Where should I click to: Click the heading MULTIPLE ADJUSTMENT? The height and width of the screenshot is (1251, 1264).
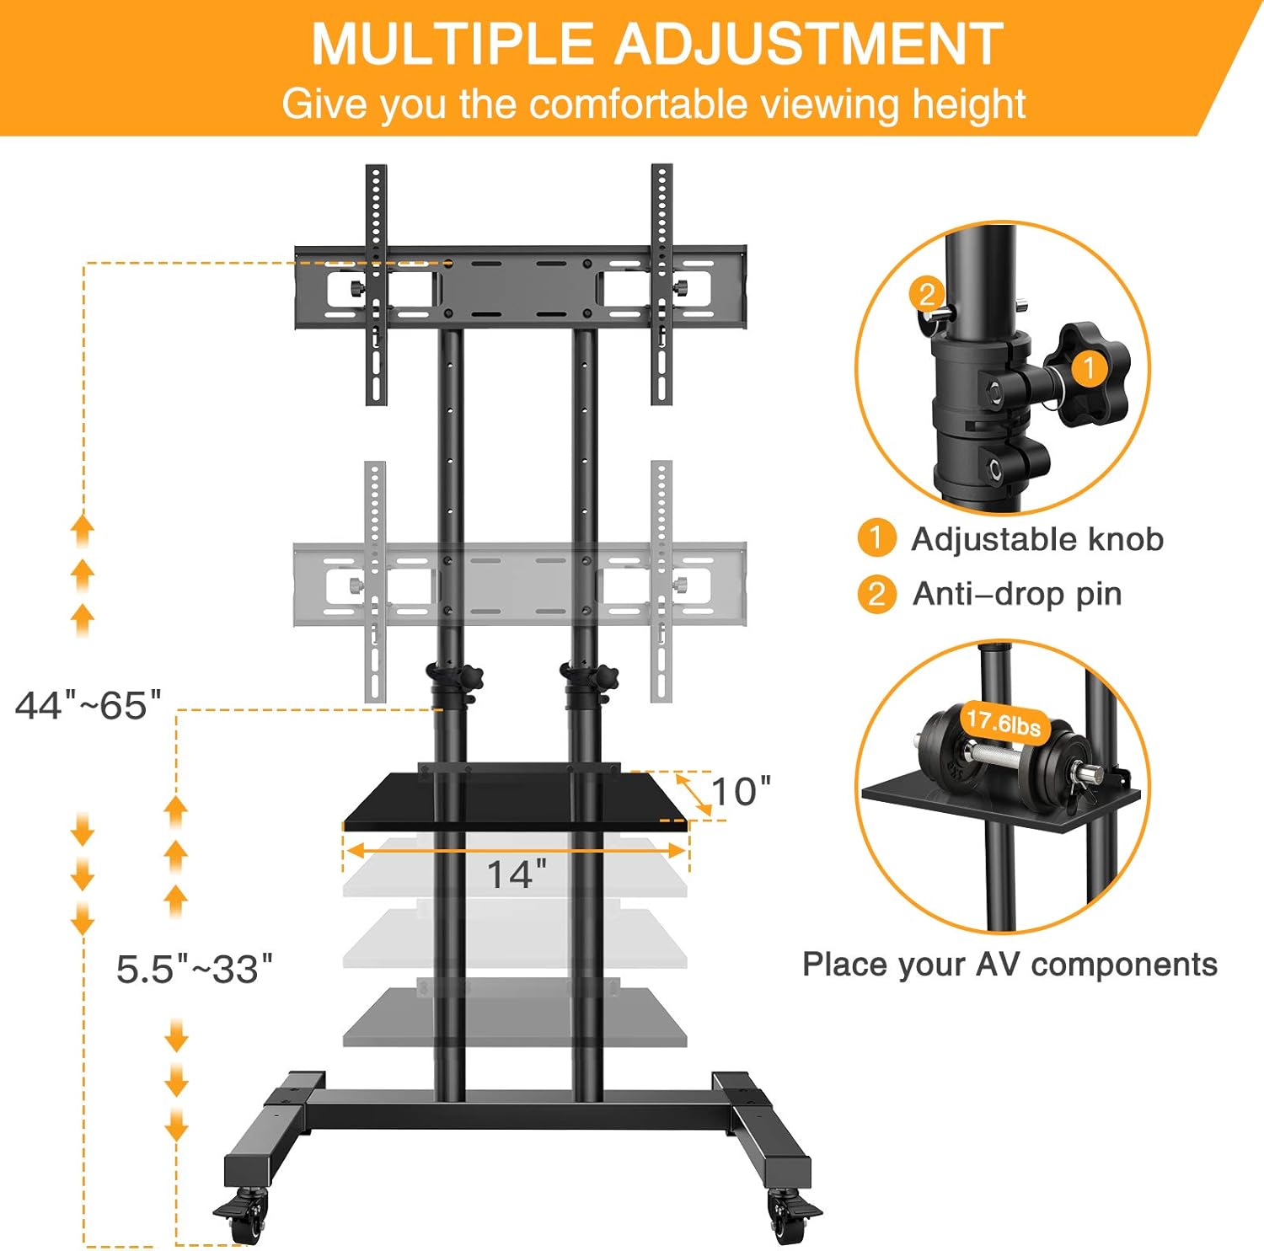[x=656, y=44]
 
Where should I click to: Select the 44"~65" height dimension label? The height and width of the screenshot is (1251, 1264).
[x=88, y=705]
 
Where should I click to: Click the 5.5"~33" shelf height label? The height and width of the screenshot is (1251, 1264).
[x=195, y=969]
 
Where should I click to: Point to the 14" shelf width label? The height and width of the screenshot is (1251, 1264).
[x=517, y=874]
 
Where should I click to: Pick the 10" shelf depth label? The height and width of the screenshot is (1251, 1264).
[x=741, y=791]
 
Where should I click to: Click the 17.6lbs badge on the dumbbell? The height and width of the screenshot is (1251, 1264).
[x=1003, y=722]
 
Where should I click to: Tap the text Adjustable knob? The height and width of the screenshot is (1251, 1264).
[x=1037, y=539]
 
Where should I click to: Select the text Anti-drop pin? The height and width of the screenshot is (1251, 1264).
[x=1017, y=594]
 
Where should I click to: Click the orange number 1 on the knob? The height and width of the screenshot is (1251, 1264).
[x=1089, y=368]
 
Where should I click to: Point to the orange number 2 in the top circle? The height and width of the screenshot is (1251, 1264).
[x=927, y=294]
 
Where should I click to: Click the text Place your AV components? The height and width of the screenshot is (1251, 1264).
[x=1010, y=964]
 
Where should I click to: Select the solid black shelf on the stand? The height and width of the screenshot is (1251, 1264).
[x=516, y=800]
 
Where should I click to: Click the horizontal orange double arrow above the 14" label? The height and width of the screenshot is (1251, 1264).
[x=516, y=851]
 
